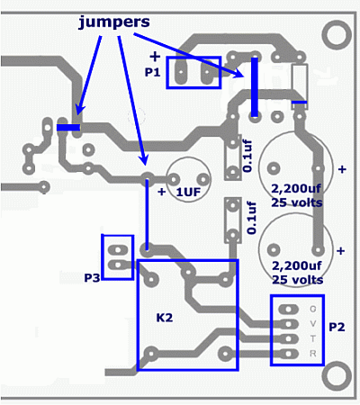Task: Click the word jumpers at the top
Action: point(114,22)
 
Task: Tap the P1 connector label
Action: point(153,72)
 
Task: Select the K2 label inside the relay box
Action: point(165,318)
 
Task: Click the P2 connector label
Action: point(337,327)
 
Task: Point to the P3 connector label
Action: point(92,278)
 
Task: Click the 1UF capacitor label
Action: point(188,193)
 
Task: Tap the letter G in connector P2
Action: point(312,309)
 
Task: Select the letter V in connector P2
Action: point(313,324)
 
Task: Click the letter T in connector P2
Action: point(313,338)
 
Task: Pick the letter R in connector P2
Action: point(313,354)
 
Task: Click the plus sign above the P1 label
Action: point(155,57)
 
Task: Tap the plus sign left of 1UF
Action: point(162,192)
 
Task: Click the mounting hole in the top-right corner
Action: point(337,34)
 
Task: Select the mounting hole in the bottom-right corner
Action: point(337,375)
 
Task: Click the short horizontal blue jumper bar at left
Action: point(68,128)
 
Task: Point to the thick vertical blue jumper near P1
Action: point(255,87)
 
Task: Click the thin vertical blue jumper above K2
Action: point(147,214)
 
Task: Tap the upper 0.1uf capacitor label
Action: point(247,157)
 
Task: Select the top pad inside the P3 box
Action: point(118,249)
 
